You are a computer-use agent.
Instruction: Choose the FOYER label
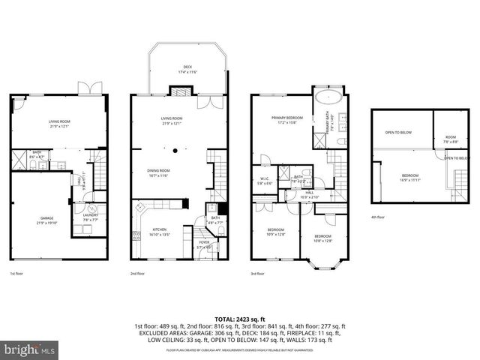point(203,242)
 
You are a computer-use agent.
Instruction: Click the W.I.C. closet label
point(264,178)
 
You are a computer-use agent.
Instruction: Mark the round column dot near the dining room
point(175,151)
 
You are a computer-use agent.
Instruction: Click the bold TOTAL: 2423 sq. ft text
point(240,319)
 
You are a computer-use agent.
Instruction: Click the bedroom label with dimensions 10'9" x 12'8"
point(277,233)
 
